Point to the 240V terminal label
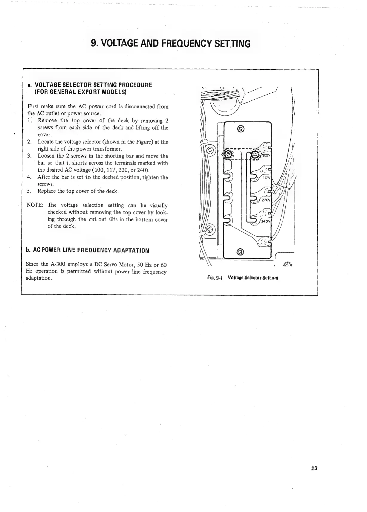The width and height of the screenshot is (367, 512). pyautogui.click(x=266, y=222)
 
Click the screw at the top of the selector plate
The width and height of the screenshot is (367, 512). pyautogui.click(x=242, y=129)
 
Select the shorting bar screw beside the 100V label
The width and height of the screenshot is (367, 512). pyautogui.click(x=255, y=155)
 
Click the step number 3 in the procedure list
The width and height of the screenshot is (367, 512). pyautogui.click(x=29, y=156)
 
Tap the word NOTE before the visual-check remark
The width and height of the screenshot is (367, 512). pyautogui.click(x=35, y=205)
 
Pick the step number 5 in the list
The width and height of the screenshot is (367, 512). pyautogui.click(x=29, y=191)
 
